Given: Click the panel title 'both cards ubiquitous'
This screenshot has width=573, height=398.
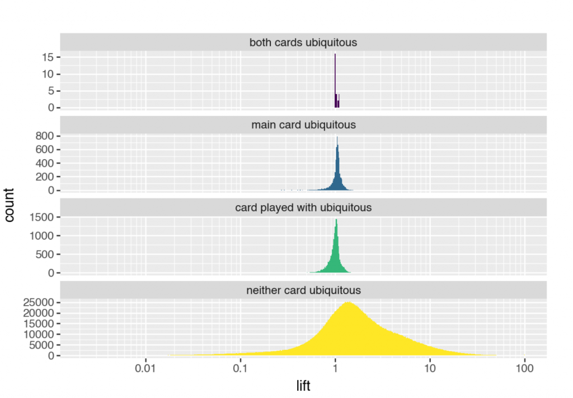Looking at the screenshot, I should coord(303,42).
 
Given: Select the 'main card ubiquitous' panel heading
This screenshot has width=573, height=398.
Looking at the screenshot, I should coord(303,124).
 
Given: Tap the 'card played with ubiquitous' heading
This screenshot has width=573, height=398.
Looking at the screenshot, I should coord(303,207).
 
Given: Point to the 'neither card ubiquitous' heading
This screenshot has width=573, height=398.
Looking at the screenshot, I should coord(303,290).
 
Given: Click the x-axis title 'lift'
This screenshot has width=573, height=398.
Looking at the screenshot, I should coord(303,386).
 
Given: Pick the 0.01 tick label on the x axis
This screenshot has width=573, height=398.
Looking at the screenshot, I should coord(145,369).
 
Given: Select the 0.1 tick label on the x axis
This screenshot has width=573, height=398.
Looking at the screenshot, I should coord(240,369).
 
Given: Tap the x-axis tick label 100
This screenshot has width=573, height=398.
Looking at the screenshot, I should coord(524,369).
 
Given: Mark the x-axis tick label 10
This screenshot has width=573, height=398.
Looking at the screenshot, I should coord(430,369).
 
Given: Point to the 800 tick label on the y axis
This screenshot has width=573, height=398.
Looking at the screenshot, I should coord(44,136).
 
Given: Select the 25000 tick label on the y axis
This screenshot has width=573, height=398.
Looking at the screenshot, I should coord(38,303).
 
